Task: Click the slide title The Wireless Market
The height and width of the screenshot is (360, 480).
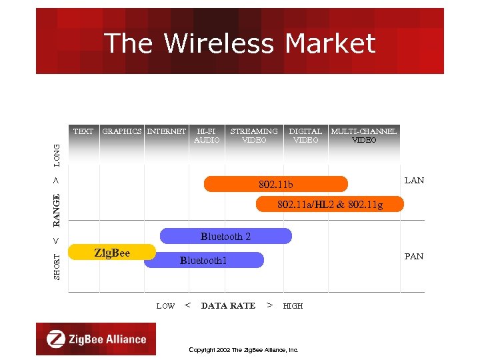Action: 240,44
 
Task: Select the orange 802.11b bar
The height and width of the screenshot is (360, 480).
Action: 275,184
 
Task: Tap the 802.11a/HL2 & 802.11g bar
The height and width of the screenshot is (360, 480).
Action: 330,204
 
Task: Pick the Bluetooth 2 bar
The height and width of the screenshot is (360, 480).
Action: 226,236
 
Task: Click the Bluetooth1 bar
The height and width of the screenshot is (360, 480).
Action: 204,260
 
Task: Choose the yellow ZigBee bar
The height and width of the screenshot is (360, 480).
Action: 113,252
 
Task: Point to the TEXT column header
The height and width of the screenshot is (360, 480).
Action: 83,131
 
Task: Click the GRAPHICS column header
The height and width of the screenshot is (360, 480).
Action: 122,131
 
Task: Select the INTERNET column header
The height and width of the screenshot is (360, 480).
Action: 166,131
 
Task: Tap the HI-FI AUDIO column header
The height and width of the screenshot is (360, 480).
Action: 207,135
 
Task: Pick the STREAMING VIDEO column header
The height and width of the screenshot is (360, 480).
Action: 254,135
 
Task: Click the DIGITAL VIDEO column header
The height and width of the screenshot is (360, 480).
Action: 305,135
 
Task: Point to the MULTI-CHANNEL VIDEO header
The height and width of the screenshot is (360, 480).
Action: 364,135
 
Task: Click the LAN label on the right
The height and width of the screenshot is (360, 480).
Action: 414,181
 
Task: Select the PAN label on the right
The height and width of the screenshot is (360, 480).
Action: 414,257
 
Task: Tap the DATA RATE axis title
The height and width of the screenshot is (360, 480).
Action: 228,306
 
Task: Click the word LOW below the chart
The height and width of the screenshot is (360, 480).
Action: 165,306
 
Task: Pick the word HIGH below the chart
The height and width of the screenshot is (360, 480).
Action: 293,306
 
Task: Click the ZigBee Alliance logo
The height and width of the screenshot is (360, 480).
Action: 96,339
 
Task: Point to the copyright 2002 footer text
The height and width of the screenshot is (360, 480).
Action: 243,349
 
